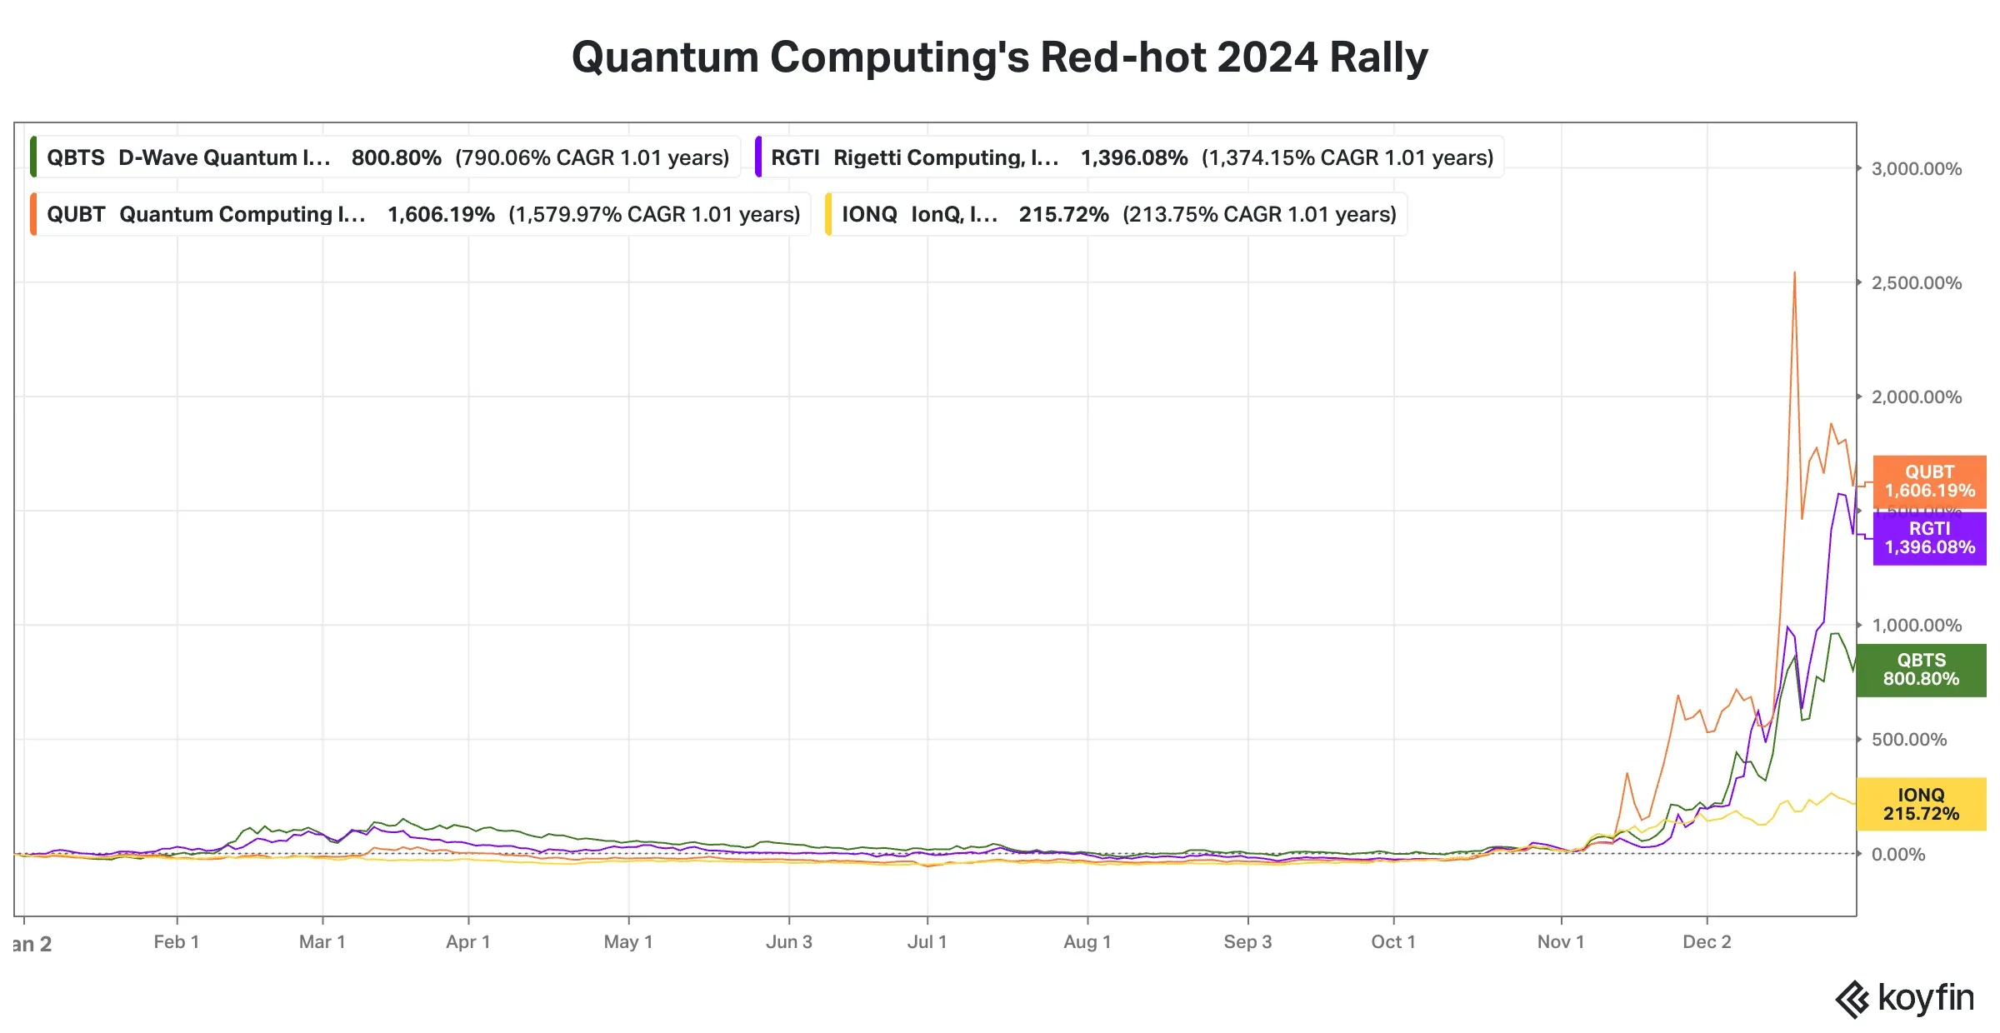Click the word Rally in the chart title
pyautogui.click(x=1378, y=57)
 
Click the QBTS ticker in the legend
pyautogui.click(x=75, y=157)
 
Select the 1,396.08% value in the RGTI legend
pyautogui.click(x=1133, y=157)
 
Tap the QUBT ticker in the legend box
pyautogui.click(x=75, y=214)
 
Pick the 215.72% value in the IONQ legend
pyautogui.click(x=1063, y=214)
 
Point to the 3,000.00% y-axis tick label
pyautogui.click(x=1916, y=169)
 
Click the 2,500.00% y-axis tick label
pyautogui.click(x=1916, y=283)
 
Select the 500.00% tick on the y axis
pyautogui.click(x=1908, y=740)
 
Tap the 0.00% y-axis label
pyautogui.click(x=1897, y=855)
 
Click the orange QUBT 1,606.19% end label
pyautogui.click(x=1929, y=482)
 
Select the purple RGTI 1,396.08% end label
pyautogui.click(x=1929, y=538)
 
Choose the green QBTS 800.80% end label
pyautogui.click(x=1921, y=670)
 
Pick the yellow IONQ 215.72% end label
pyautogui.click(x=1921, y=805)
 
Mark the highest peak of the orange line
pyautogui.click(x=1794, y=273)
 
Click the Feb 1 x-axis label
pyautogui.click(x=176, y=942)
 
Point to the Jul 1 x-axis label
pyautogui.click(x=927, y=942)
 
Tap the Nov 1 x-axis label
pyautogui.click(x=1560, y=942)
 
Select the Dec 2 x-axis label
pyautogui.click(x=1707, y=942)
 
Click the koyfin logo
pyautogui.click(x=1904, y=998)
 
